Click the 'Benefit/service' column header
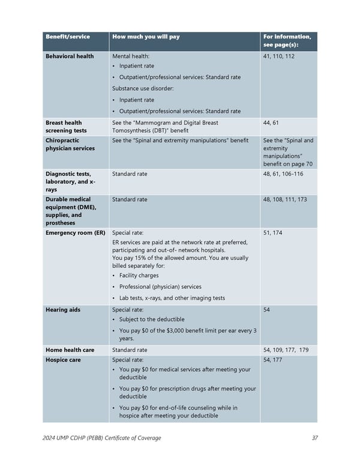(x=68, y=37)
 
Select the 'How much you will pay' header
(x=146, y=37)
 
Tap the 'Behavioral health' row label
(x=70, y=56)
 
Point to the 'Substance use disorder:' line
(x=143, y=88)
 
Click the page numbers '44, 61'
(x=271, y=123)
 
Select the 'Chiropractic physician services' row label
(x=70, y=144)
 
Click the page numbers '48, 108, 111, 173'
(x=285, y=199)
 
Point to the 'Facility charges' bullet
(x=139, y=276)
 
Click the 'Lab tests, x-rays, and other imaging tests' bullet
(x=172, y=298)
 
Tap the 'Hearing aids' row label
(x=63, y=310)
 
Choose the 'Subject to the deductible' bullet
(x=152, y=319)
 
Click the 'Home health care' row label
(x=70, y=350)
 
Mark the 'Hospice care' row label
(x=64, y=360)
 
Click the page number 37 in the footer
(x=315, y=438)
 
